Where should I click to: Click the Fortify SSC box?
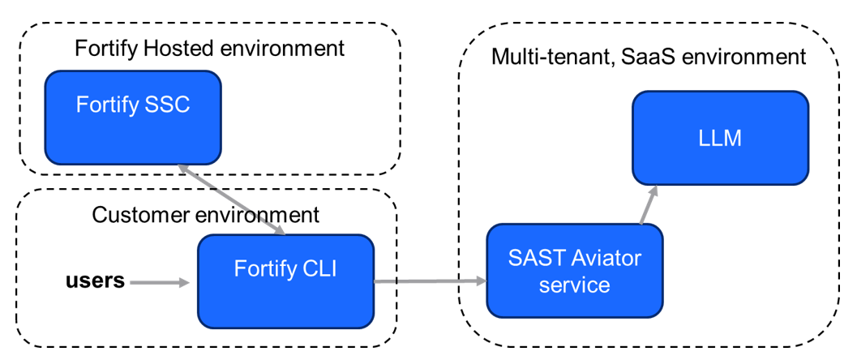[x=133, y=117]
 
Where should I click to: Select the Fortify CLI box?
[x=285, y=281]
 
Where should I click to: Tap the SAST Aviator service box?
[x=574, y=271]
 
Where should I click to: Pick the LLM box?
[x=720, y=138]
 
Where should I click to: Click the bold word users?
[x=95, y=281]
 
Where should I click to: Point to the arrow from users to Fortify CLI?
[x=160, y=283]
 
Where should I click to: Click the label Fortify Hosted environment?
[x=209, y=48]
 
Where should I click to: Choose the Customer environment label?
[x=205, y=215]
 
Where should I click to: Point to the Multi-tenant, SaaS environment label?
[x=649, y=57]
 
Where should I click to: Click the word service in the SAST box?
[x=574, y=285]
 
